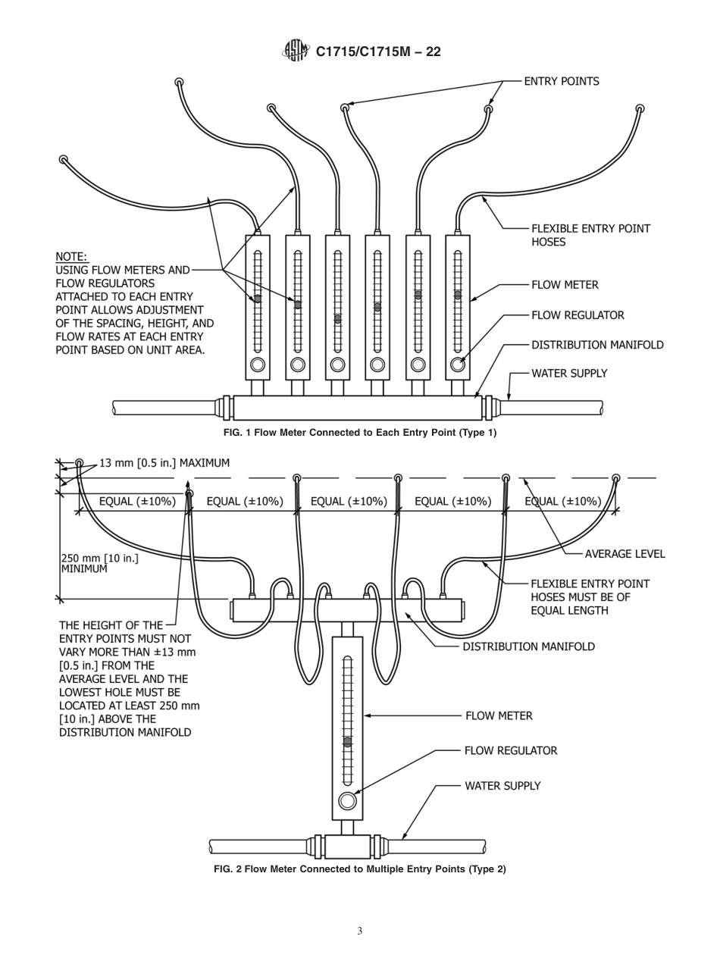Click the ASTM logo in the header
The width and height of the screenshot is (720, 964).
296,51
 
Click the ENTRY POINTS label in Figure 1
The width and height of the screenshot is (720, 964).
561,81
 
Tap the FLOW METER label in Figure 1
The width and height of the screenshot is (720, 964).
565,285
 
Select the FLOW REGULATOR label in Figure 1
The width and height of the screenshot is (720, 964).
578,315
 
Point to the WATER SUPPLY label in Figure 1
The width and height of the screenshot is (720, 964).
568,374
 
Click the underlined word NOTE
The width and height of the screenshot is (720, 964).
71,257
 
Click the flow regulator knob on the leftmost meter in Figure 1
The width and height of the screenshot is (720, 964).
258,365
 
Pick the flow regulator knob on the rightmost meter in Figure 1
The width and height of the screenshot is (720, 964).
458,365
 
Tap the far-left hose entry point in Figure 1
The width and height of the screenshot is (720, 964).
63,160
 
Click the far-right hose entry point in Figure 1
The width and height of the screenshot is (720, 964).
640,109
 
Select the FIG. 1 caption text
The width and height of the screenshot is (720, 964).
360,433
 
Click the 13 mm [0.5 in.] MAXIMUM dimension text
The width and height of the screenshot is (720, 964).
164,463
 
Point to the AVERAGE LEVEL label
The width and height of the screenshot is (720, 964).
625,554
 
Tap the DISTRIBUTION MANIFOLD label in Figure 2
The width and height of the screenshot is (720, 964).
528,647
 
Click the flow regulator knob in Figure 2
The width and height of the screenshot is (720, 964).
348,801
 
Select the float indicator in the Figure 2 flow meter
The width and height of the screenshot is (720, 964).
348,742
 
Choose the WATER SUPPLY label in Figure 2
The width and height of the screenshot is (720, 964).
502,786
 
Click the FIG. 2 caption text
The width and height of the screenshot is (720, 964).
360,869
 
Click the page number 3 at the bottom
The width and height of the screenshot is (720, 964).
360,931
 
